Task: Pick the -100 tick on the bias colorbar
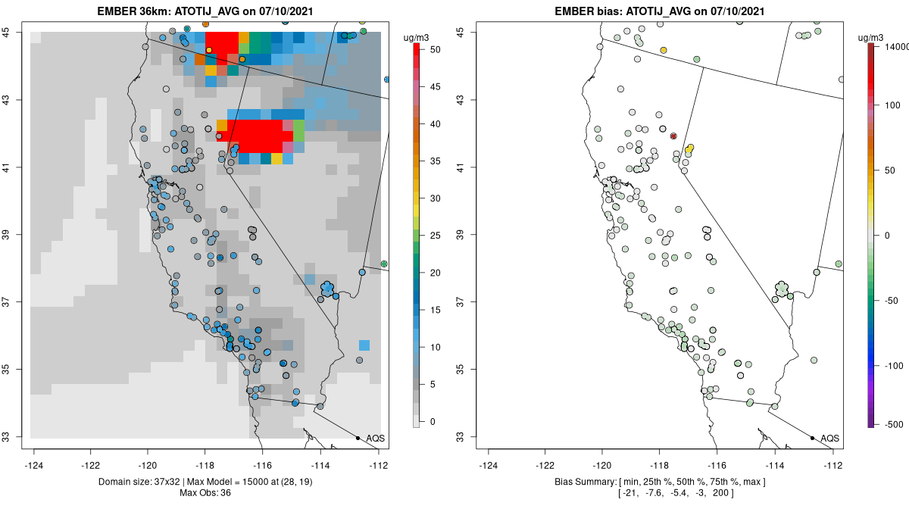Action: tap(890, 365)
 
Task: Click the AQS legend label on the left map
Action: tap(375, 438)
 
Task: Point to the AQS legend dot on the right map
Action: tap(811, 438)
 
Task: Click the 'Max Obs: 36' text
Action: tap(205, 493)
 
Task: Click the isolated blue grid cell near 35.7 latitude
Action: tap(364, 345)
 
